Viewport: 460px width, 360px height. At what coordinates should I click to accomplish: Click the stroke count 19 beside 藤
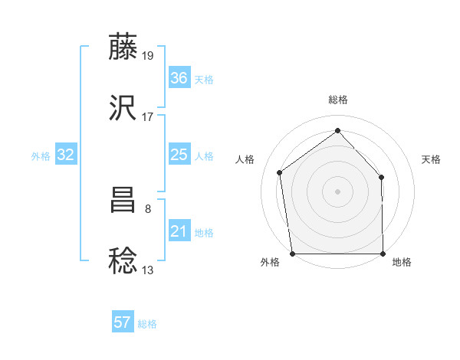tap(148, 56)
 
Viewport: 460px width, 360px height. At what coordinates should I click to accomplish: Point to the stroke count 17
tap(148, 117)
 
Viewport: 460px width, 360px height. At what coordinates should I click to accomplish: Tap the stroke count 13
tap(148, 270)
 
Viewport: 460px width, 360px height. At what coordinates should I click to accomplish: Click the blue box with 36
tap(179, 78)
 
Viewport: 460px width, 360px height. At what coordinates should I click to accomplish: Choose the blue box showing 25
tap(179, 155)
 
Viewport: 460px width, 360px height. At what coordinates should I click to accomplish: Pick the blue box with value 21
tap(179, 231)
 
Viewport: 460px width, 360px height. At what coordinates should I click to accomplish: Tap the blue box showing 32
tap(65, 155)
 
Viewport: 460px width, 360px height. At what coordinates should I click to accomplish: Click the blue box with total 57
tap(123, 322)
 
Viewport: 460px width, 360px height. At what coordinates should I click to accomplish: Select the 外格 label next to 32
tap(41, 156)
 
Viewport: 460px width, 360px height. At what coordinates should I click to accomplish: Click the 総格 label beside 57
tap(147, 324)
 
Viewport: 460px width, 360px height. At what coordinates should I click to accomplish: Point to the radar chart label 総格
tap(338, 100)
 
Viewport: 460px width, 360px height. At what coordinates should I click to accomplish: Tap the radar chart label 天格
tap(431, 159)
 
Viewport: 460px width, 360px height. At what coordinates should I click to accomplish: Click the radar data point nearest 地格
tap(383, 253)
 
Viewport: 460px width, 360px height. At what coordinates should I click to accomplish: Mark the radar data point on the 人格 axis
tap(280, 172)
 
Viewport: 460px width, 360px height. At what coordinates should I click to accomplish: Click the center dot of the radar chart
tap(338, 191)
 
